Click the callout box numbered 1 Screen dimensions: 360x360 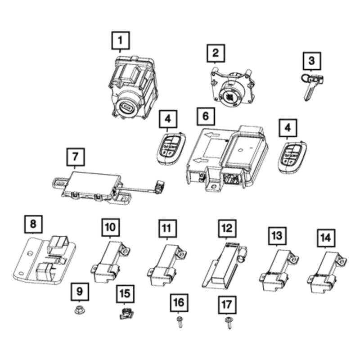120,41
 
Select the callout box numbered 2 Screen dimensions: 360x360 216,53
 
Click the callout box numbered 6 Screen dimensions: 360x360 205,116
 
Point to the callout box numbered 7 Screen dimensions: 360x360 75,157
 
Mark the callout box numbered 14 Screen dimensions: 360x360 326,237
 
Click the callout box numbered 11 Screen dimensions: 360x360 166,229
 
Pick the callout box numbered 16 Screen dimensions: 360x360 179,302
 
